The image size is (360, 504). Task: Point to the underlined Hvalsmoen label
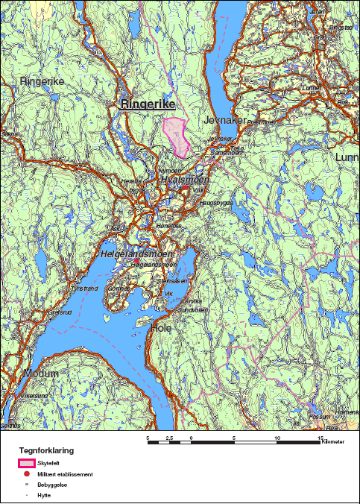(x=183, y=180)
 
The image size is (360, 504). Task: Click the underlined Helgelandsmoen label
(x=136, y=254)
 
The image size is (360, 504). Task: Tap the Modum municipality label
(x=40, y=373)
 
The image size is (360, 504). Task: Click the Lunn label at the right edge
(x=347, y=157)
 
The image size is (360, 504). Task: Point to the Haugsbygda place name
(x=215, y=202)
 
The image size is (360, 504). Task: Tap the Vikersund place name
(x=34, y=395)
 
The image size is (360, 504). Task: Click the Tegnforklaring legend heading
(x=46, y=451)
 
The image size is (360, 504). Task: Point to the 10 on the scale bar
(x=278, y=438)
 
